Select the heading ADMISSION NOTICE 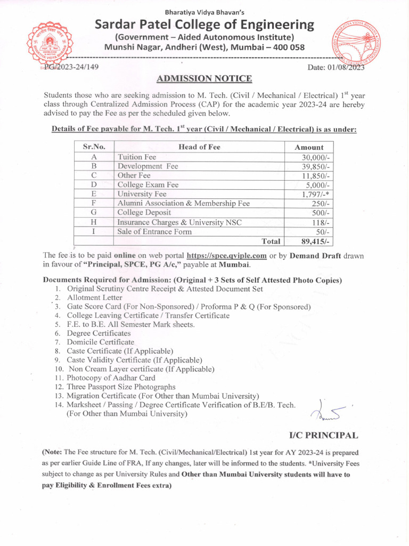204,79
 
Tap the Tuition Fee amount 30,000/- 315,157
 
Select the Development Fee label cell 148,166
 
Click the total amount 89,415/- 316,241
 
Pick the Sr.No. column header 94,147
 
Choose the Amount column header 309,147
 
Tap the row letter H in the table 94,222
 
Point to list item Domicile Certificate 100,342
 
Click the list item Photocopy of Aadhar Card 111,378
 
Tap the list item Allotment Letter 95,298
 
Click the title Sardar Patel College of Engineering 204,25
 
